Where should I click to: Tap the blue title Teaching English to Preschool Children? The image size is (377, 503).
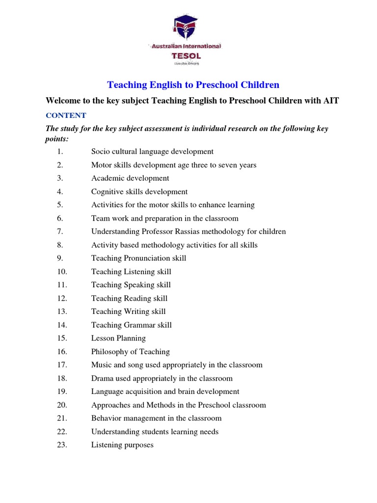click(193, 85)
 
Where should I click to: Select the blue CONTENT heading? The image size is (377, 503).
click(66, 115)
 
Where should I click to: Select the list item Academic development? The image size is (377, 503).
click(130, 178)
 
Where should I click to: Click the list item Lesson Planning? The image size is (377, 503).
click(118, 338)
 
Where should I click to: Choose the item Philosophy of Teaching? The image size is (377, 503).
click(131, 352)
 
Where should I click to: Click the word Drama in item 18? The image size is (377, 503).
click(102, 378)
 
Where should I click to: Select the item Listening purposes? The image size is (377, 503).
click(122, 445)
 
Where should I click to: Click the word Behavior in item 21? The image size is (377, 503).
click(106, 419)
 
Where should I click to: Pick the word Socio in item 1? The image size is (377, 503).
click(101, 151)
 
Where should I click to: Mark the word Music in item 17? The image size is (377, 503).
click(101, 365)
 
